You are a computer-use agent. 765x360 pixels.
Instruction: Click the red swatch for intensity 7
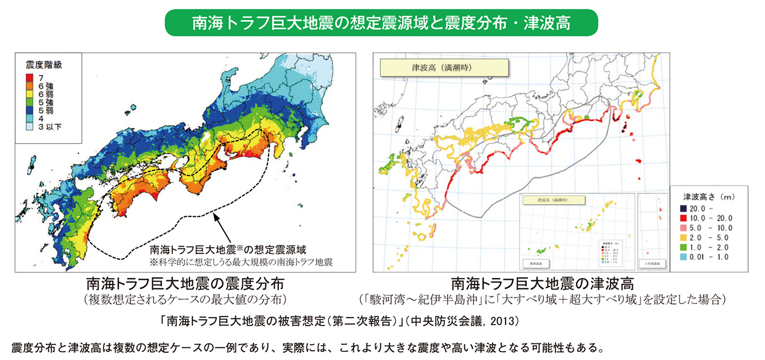coord(29,77)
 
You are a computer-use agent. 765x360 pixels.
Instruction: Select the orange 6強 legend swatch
coord(29,85)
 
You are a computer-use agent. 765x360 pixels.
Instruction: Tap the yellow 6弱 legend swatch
coord(29,94)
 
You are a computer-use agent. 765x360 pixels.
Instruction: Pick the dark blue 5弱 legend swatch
coord(29,110)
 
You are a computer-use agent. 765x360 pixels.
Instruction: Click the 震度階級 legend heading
coord(44,65)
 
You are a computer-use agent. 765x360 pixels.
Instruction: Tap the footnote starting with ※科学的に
coord(240,262)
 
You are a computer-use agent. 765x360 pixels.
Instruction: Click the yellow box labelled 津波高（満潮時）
coord(444,68)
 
